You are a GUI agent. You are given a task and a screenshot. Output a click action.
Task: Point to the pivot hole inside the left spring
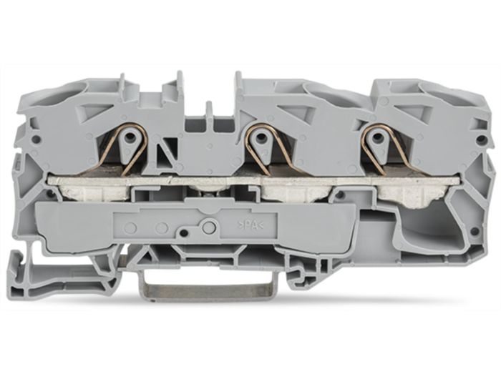click(x=130, y=137)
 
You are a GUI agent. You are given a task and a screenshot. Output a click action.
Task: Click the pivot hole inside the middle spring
click(x=262, y=137)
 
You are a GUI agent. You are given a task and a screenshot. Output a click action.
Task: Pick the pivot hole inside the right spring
click(x=377, y=137)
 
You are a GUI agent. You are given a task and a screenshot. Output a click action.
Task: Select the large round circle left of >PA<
click(x=209, y=227)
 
